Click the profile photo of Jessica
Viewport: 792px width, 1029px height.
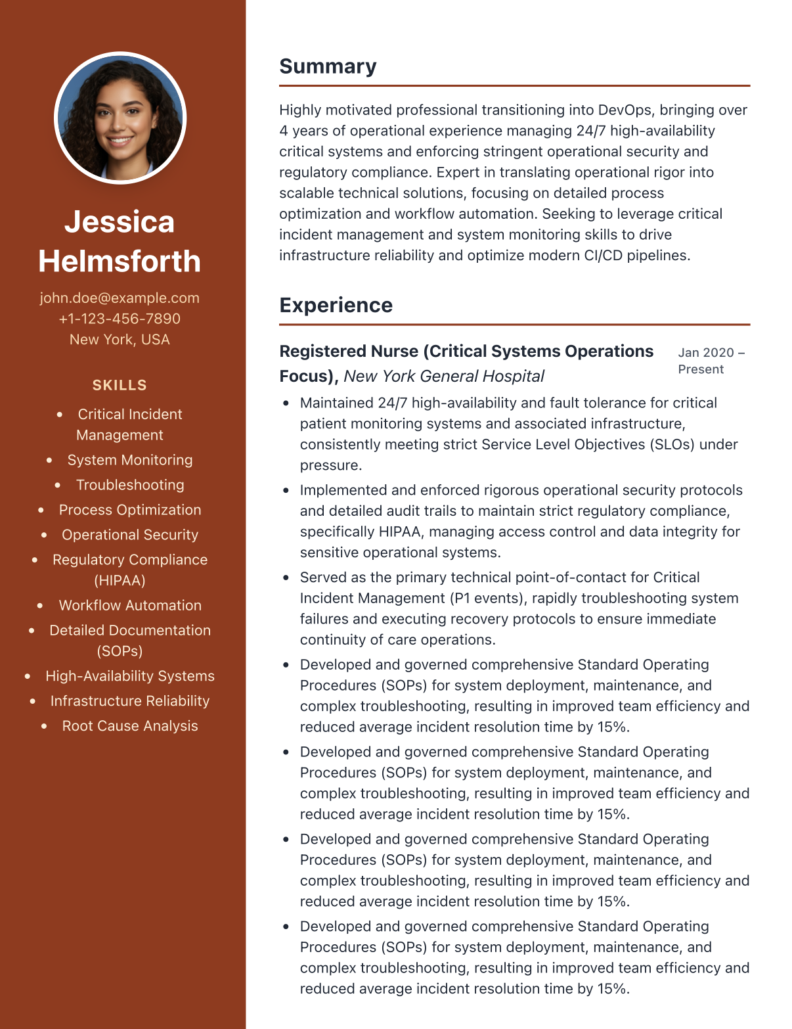coord(120,118)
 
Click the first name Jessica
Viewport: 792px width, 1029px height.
coord(120,222)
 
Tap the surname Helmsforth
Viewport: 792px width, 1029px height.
coord(120,262)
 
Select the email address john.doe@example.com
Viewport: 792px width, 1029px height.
coord(120,298)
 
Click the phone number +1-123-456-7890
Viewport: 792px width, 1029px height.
coord(120,319)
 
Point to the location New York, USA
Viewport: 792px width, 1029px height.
coord(120,340)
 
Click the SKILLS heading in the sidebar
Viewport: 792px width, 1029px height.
coord(120,385)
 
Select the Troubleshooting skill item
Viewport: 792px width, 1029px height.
coord(130,485)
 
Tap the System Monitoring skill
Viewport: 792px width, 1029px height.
coord(130,460)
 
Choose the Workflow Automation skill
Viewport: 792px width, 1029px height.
coord(130,605)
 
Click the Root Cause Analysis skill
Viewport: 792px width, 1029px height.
coord(130,726)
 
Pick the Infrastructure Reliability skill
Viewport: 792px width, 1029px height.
coord(130,701)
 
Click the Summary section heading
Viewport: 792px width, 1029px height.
coord(328,66)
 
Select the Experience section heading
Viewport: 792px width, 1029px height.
coord(336,306)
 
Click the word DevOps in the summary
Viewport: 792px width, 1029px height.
coord(625,110)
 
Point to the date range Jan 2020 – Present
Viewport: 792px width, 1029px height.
coord(711,361)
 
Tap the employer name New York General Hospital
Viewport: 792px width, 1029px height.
coord(444,377)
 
